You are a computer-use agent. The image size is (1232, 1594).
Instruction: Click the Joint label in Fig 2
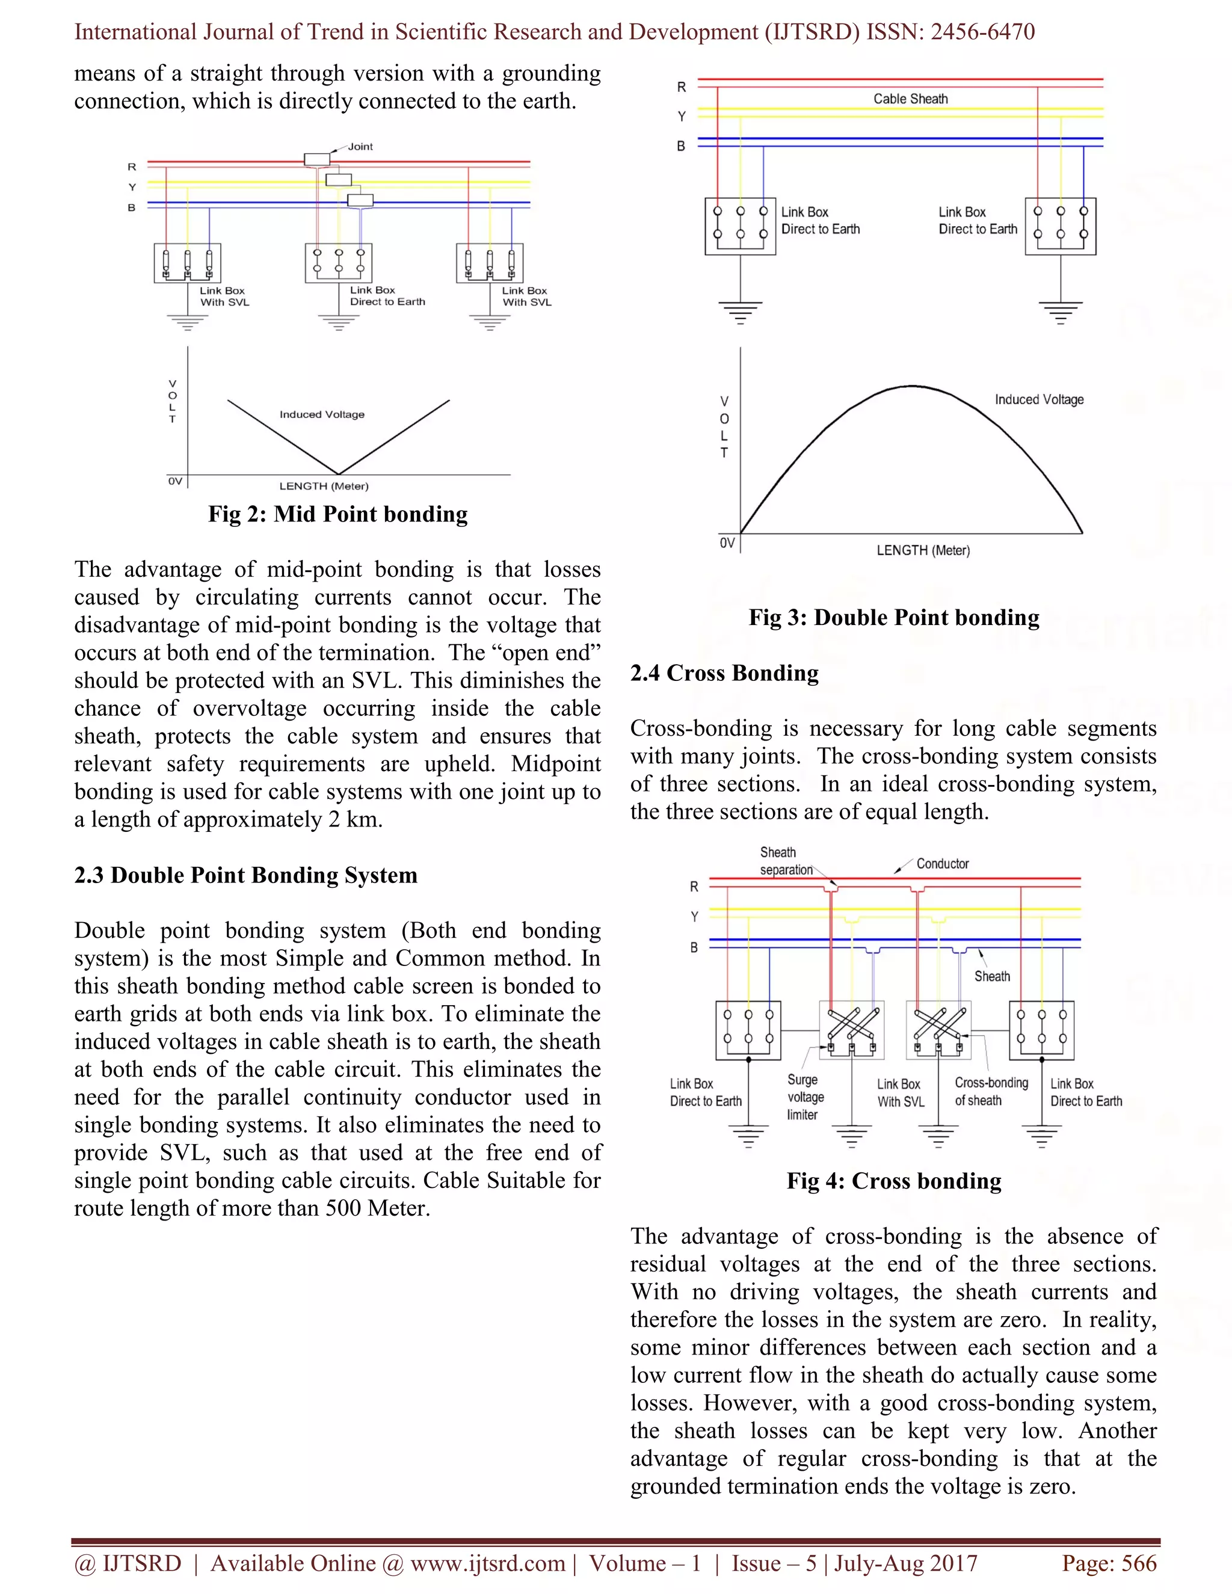coord(360,147)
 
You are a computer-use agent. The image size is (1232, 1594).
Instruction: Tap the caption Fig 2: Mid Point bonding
coord(338,514)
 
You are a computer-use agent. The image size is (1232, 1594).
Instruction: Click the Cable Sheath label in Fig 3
coord(910,99)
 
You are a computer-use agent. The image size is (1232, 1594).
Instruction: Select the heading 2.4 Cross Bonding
coord(724,673)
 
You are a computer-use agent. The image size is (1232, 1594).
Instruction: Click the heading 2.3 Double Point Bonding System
coord(246,875)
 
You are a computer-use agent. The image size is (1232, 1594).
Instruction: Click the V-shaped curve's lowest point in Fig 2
coord(338,473)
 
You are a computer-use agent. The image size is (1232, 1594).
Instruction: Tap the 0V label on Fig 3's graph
coord(727,543)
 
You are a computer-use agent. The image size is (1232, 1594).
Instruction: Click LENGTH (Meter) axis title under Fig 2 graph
coord(324,486)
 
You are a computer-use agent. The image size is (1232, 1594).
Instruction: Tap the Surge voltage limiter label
coord(805,1097)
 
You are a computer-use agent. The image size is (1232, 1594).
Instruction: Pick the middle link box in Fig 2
coord(339,263)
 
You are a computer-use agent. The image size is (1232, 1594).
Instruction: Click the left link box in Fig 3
coord(740,226)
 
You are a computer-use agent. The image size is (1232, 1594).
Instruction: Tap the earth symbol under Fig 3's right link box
coord(1060,312)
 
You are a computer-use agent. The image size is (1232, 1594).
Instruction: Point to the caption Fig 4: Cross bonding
coord(893,1181)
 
